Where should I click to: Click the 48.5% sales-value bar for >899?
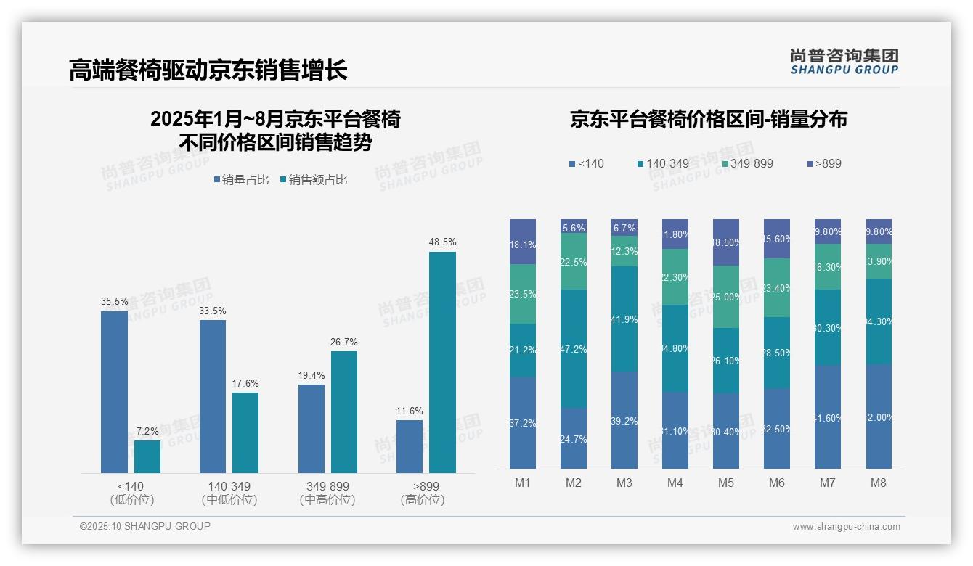442,362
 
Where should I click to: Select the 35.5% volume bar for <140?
114,392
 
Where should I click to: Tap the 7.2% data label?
147,431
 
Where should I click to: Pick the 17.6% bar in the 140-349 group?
245,432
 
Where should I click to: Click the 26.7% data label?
344,342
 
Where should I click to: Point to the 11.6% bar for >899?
410,446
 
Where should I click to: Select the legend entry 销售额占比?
313,180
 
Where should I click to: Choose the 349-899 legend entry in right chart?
747,163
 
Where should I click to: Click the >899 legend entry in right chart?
824,163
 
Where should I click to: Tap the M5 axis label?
726,483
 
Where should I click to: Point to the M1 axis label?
523,483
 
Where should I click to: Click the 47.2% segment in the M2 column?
574,348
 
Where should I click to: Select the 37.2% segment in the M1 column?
523,422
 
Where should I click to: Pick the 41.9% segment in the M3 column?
624,319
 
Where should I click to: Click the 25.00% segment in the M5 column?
726,297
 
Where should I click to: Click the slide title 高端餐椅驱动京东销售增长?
208,70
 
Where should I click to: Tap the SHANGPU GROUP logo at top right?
844,61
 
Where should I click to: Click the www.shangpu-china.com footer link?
846,527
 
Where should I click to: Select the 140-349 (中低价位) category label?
229,493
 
